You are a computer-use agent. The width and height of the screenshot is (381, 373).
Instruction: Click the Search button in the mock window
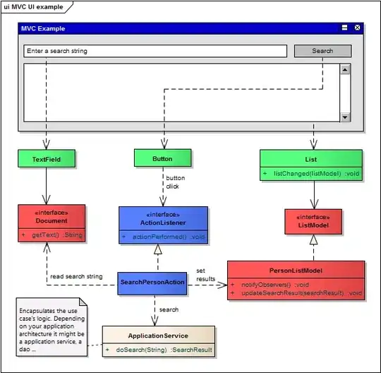[x=322, y=51]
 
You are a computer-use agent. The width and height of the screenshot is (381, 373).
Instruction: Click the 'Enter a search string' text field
[x=155, y=51]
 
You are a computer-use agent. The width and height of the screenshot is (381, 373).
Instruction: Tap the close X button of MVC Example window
[x=357, y=28]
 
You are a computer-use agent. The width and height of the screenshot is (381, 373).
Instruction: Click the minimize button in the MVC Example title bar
[x=344, y=28]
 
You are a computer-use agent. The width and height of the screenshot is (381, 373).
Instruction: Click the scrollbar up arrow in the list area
[x=345, y=69]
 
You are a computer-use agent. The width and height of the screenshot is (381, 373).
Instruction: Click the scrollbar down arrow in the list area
[x=345, y=117]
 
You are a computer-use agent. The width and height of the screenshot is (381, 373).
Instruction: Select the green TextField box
[x=46, y=159]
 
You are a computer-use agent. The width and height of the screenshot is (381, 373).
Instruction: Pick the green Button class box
[x=162, y=158]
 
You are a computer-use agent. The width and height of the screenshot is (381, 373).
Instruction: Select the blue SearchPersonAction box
[x=152, y=283]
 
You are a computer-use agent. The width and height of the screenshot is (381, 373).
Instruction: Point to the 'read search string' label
[x=76, y=276]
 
